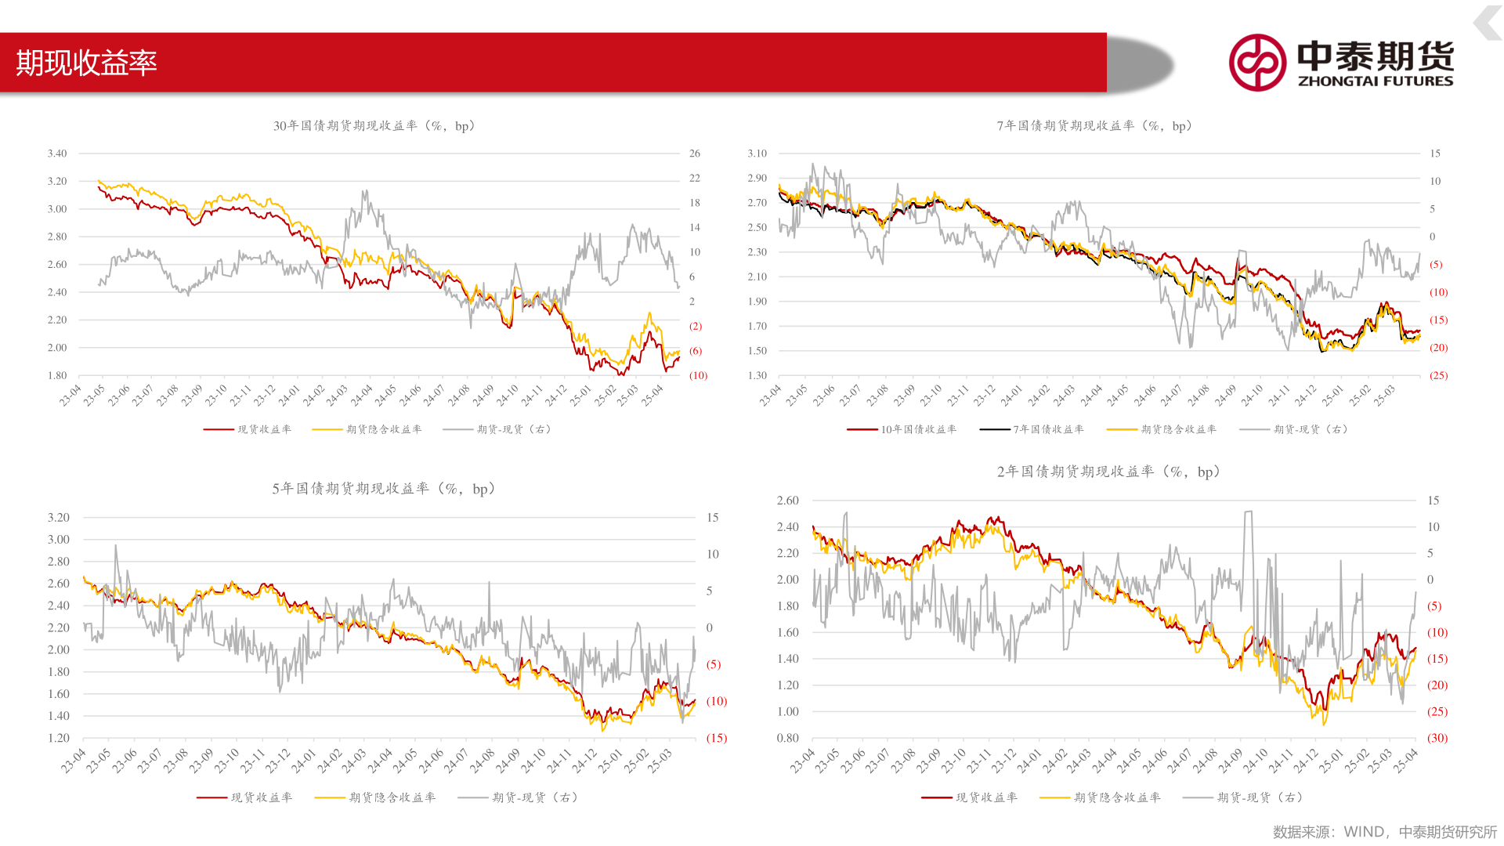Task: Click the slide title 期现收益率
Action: [x=86, y=63]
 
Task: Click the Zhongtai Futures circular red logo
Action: [x=1257, y=63]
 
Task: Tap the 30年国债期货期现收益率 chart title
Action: [x=374, y=126]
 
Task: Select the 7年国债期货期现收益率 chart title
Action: [x=1094, y=126]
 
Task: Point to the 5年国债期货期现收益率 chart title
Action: [x=383, y=489]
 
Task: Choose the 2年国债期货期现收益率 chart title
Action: [x=1108, y=472]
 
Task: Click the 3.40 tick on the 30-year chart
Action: [x=57, y=154]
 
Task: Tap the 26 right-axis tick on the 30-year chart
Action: [x=695, y=154]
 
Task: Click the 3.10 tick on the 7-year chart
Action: [x=757, y=154]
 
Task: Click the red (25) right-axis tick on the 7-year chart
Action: [x=1438, y=375]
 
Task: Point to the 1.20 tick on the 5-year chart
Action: [x=59, y=738]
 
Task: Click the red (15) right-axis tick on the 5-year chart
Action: [x=716, y=738]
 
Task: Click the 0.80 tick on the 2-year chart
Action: [x=787, y=738]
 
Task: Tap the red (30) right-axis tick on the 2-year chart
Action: [x=1437, y=738]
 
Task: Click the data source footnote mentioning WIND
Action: [x=1384, y=832]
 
